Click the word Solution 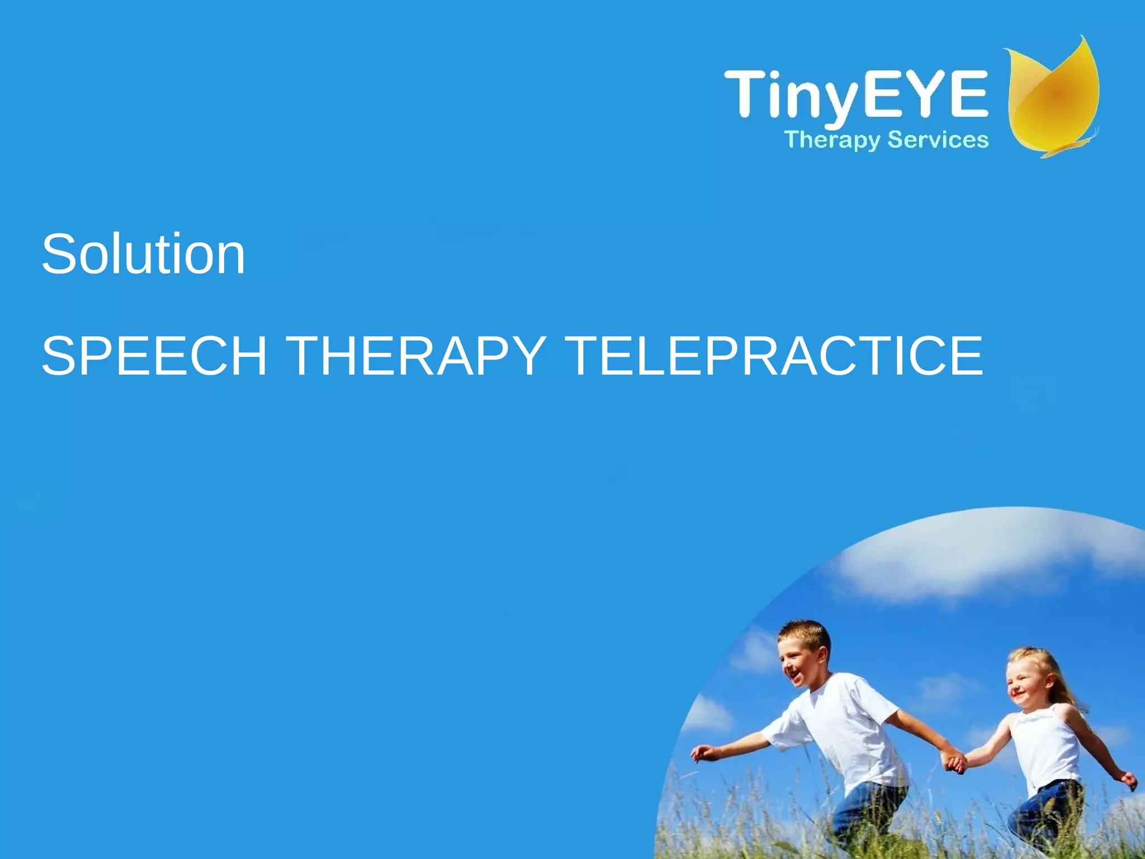tap(143, 254)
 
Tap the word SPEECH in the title tap(154, 356)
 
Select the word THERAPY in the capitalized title tap(415, 356)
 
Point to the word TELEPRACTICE tap(775, 356)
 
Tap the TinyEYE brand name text tap(855, 94)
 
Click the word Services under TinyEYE tap(938, 140)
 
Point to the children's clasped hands tap(955, 762)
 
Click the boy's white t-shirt tap(844, 727)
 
